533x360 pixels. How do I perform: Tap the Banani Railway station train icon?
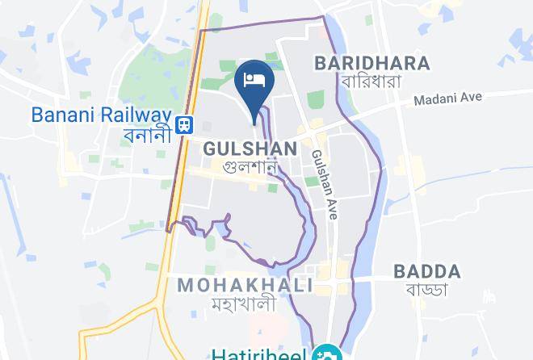(x=186, y=123)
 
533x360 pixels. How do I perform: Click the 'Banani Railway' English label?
(x=102, y=115)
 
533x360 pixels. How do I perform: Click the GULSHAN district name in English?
(x=250, y=149)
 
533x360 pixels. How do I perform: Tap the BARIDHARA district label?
(x=372, y=63)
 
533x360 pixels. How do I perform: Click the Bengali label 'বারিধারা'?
(x=372, y=82)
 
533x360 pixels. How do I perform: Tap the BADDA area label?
(x=426, y=271)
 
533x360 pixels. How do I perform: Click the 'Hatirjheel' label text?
(x=262, y=354)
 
